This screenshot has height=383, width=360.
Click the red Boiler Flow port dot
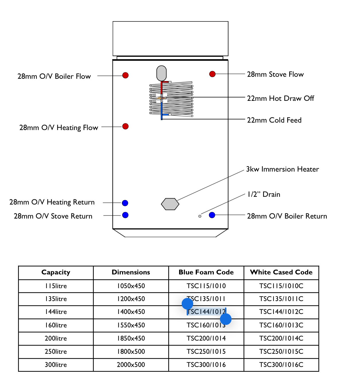pos(125,75)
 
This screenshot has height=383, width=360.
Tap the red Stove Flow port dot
pos(212,74)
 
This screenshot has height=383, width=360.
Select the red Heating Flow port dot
pos(125,126)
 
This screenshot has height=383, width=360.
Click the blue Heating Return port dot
pos(125,203)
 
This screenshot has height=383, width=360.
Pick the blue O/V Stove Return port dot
pos(125,215)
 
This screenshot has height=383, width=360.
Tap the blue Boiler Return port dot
pos(212,215)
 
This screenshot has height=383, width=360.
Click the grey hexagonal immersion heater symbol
pos(170,204)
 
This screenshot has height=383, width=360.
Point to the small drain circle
pos(200,216)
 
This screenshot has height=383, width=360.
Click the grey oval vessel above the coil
pos(161,73)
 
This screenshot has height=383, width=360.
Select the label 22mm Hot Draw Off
pos(280,99)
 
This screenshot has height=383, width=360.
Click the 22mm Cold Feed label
pos(274,120)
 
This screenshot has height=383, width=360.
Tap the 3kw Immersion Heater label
pos(282,169)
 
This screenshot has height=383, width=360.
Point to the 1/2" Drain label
pos(264,195)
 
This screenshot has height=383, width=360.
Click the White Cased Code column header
pos(281,272)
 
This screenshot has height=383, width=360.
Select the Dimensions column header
pos(131,272)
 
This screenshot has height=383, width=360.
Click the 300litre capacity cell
pos(56,365)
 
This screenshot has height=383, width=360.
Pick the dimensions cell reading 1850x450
pos(131,339)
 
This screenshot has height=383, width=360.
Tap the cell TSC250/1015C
pos(281,352)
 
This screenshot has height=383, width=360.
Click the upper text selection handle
pos(187,304)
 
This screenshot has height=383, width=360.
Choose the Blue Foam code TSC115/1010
pos(206,286)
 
